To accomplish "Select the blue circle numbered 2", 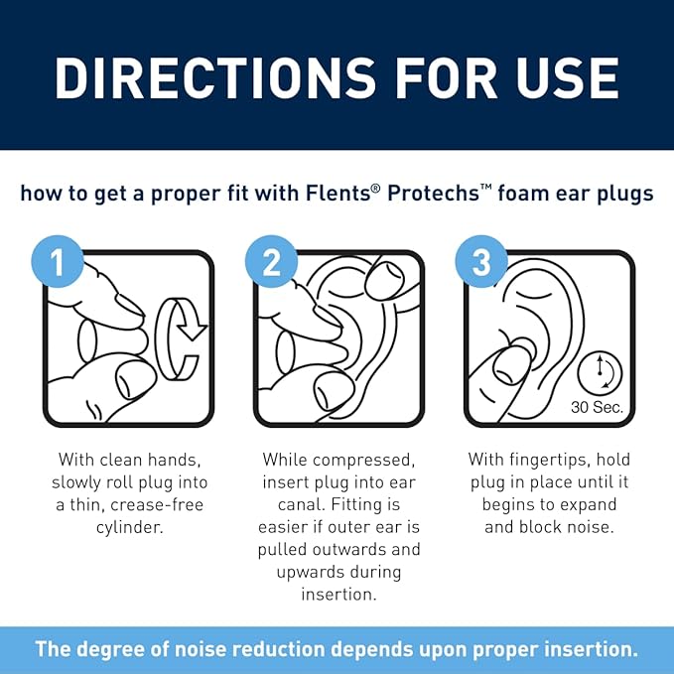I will click(271, 263).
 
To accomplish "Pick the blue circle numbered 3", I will click(481, 263).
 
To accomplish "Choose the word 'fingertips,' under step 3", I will click(563, 461).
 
